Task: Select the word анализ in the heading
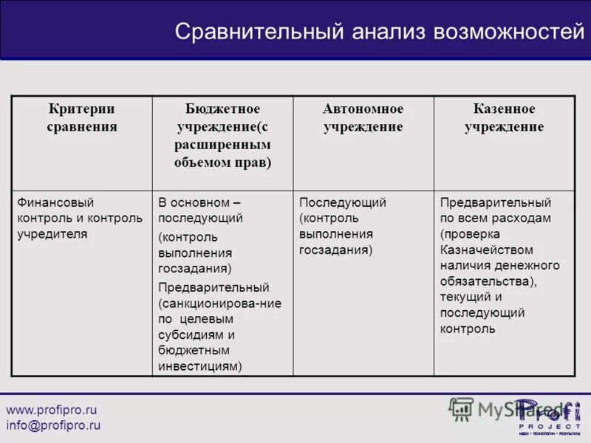[x=389, y=32]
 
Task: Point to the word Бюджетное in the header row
[x=222, y=109]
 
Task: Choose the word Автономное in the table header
[x=363, y=109]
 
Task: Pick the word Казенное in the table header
[x=504, y=109]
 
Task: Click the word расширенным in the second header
[x=222, y=145]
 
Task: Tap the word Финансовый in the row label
[x=55, y=202]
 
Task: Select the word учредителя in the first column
[x=52, y=235]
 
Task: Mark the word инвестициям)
[x=199, y=366]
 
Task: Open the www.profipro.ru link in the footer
[x=52, y=410]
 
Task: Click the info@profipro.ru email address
[x=53, y=426]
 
